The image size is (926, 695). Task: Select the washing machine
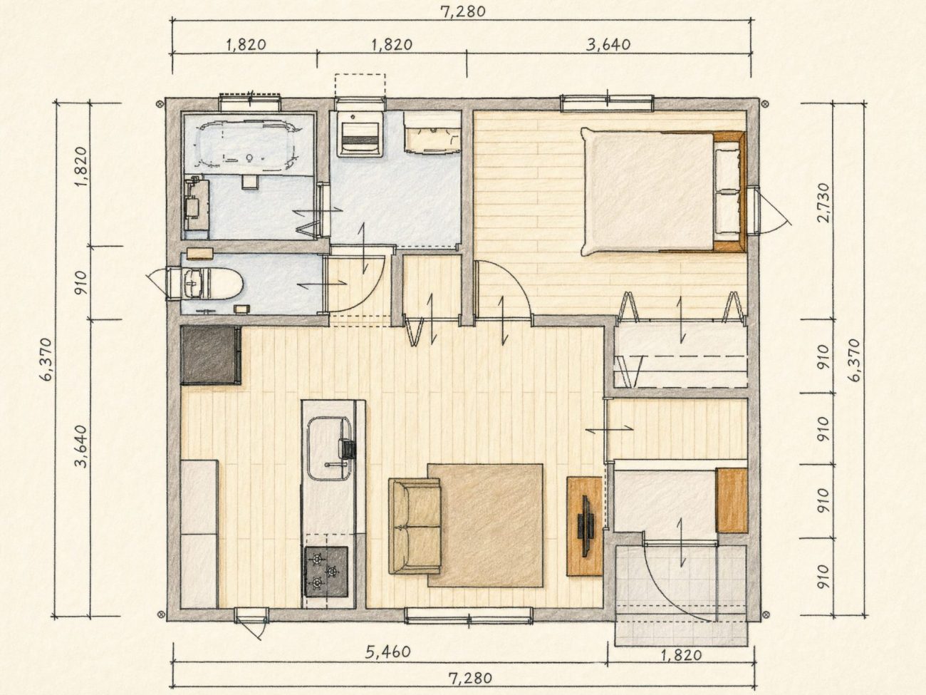(x=360, y=135)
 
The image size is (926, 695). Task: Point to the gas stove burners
(x=326, y=572)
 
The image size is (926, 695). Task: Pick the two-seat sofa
(x=415, y=526)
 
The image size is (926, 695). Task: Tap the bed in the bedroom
(x=663, y=192)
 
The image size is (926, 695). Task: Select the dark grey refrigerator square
(x=211, y=355)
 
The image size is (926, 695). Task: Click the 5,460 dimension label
(x=387, y=652)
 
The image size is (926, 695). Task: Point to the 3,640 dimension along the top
(x=608, y=44)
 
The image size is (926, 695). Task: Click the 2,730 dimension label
(x=823, y=202)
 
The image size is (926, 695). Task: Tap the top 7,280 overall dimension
(x=463, y=11)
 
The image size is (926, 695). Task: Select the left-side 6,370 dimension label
(x=48, y=359)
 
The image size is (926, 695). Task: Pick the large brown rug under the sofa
(x=485, y=525)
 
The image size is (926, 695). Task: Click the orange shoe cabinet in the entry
(x=732, y=500)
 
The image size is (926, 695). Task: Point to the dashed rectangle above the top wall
(x=360, y=86)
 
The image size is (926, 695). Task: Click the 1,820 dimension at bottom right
(x=681, y=655)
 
